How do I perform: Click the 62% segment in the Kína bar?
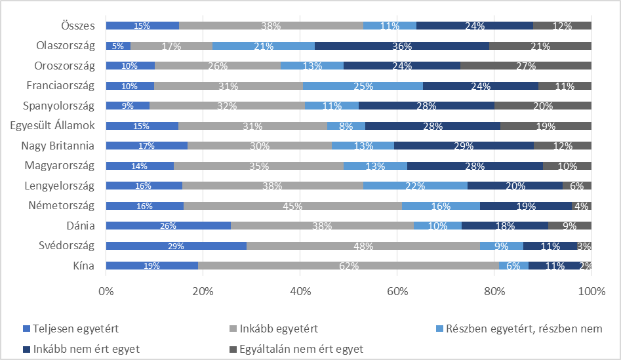[x=348, y=266]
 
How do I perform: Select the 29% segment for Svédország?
[x=176, y=246]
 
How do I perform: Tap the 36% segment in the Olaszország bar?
[x=402, y=46]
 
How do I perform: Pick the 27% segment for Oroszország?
[x=525, y=66]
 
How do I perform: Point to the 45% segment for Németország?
[x=292, y=206]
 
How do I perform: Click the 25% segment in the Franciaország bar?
[x=363, y=86]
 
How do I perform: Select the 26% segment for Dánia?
[x=169, y=226]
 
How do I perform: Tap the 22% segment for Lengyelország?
[x=415, y=186]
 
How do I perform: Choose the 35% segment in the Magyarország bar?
[x=258, y=166]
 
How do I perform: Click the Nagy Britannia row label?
[x=57, y=146]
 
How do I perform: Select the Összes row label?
[x=77, y=26]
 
